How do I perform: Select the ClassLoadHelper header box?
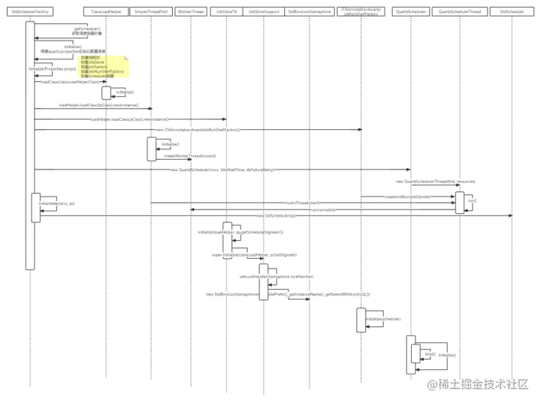click(x=106, y=12)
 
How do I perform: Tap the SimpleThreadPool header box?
click(x=152, y=12)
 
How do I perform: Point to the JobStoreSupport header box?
click(x=264, y=12)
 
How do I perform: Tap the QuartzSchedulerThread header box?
click(x=460, y=12)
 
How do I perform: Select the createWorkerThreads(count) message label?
click(x=189, y=155)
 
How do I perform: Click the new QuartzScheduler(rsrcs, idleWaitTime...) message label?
click(x=222, y=170)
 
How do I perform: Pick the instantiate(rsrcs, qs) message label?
click(x=58, y=203)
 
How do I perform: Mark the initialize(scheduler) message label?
click(x=383, y=319)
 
